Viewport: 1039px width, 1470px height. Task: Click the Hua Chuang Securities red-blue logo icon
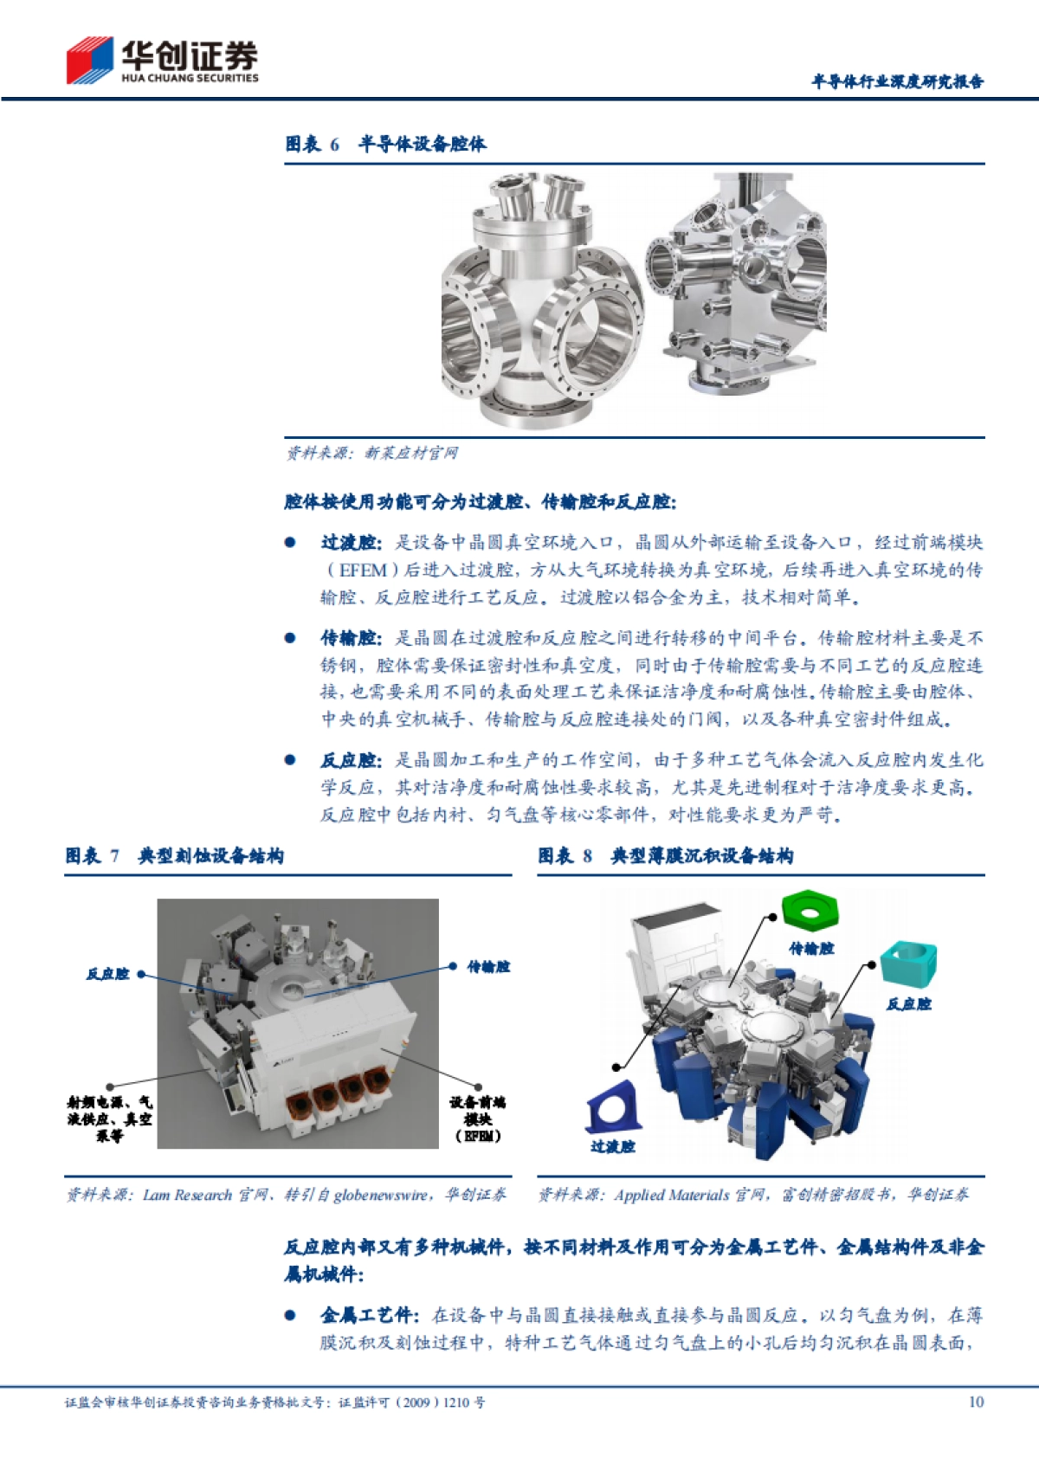coord(89,60)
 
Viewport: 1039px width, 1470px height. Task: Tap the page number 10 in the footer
coord(976,1402)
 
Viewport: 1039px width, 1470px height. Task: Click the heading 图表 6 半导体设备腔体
coord(385,144)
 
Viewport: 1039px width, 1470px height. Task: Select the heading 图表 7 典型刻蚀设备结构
coord(174,856)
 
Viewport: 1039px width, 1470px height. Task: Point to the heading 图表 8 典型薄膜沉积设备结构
coord(665,856)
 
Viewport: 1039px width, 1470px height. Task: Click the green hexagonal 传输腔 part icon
coord(810,908)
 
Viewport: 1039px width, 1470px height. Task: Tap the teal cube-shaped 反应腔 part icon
coord(909,964)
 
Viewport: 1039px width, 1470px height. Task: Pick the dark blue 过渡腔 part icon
coord(613,1106)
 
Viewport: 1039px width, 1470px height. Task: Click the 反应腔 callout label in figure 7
coord(107,974)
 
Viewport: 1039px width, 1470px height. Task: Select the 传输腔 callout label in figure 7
coord(488,966)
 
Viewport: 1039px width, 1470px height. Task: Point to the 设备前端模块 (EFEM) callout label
coord(477,1119)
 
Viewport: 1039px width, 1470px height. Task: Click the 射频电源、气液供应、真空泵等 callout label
coord(110,1119)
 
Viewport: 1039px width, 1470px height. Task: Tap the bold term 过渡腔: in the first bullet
coord(351,543)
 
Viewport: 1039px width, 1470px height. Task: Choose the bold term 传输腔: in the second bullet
coord(351,638)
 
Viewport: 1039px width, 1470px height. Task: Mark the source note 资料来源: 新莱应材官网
coord(372,453)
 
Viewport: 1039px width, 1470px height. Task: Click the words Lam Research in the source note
coord(187,1195)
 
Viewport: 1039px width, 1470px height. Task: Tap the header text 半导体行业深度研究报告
coord(897,81)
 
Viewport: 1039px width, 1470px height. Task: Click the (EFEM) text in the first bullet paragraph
coord(362,570)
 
